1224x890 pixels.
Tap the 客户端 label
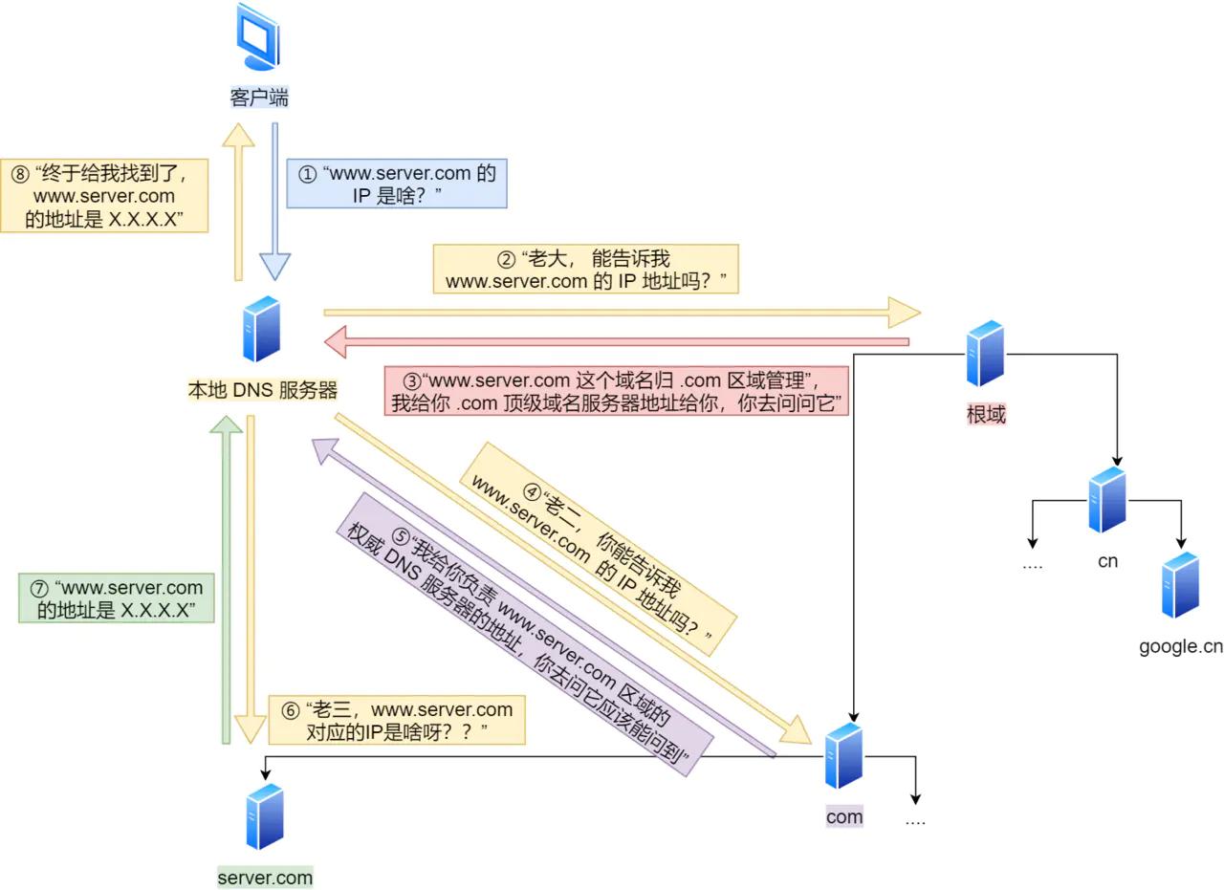259,98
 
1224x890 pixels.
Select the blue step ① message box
397,185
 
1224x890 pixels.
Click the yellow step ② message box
585,270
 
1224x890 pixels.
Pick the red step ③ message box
617,391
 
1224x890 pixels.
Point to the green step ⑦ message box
117,598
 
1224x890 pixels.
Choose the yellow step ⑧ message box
105,196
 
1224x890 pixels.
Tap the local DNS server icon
261,330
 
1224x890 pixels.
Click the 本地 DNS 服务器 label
262,390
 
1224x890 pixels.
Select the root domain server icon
985,354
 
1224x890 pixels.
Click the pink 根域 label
986,415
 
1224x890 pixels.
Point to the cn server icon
1107,500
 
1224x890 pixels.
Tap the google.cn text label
1180,647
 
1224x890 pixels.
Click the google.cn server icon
1180,585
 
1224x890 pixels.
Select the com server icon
843,756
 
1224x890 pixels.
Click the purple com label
844,816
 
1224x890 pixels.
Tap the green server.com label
265,878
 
